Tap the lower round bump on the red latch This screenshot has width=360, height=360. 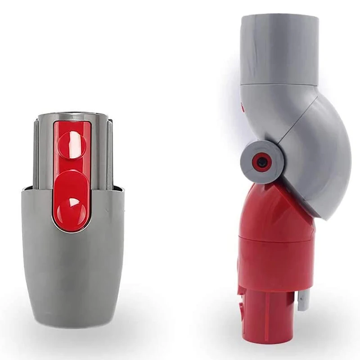(72, 205)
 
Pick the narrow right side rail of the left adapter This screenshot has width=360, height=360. (109, 153)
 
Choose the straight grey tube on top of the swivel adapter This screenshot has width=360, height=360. (279, 49)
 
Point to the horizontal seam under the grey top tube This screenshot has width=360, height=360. (279, 84)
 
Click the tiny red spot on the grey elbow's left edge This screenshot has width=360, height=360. (243, 108)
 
